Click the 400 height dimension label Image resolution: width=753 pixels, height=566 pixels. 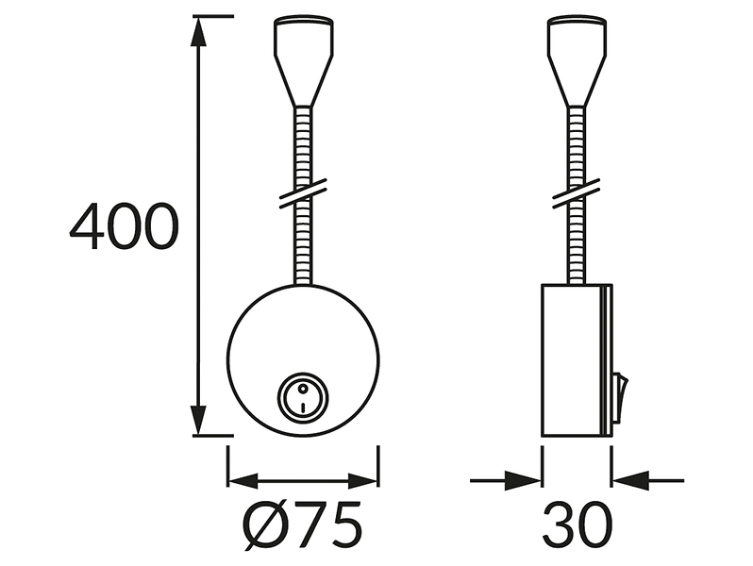point(125,226)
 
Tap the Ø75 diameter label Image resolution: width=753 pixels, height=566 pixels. point(303,524)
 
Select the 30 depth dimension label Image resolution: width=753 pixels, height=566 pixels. point(577,524)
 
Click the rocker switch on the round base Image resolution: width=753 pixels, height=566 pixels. point(303,397)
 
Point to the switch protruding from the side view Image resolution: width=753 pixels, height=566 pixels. point(620,398)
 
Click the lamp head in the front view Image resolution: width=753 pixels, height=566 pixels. point(304,61)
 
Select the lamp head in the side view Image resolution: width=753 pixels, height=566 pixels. point(577,61)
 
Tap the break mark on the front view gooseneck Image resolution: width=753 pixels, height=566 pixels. point(304,193)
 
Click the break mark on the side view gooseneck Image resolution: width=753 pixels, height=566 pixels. point(577,193)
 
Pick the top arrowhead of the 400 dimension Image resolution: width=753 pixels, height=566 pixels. point(199,32)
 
